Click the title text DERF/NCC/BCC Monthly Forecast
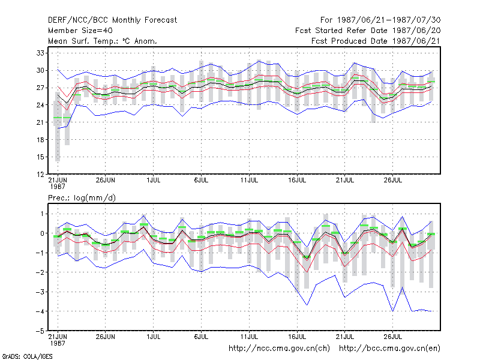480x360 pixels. (112, 20)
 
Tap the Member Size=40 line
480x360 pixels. (80, 31)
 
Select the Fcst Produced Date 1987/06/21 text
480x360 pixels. (376, 41)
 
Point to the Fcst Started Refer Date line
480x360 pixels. (368, 31)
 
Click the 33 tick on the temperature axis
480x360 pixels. (40, 53)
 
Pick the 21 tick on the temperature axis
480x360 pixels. (40, 122)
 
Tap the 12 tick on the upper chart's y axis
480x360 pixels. (40, 175)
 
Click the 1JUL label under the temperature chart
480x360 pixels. (154, 181)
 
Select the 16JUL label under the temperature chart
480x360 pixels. (297, 181)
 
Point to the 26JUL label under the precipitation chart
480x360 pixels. (393, 337)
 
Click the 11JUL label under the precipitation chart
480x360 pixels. (249, 337)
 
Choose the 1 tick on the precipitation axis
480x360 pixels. (42, 214)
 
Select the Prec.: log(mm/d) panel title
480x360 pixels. (82, 198)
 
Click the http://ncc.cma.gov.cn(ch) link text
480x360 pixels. (280, 349)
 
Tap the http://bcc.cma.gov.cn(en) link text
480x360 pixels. (389, 349)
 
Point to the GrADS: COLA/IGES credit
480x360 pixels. (28, 356)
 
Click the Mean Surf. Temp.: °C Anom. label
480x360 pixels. (103, 41)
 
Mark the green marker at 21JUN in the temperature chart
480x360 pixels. (58, 118)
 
